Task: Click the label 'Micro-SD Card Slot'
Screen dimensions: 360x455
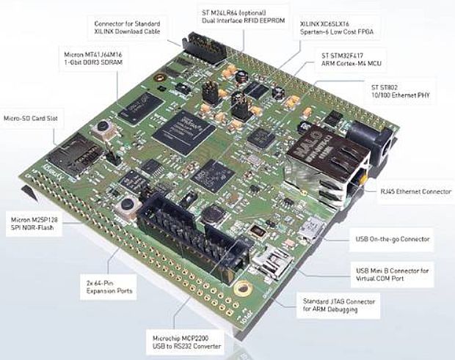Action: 30,117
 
